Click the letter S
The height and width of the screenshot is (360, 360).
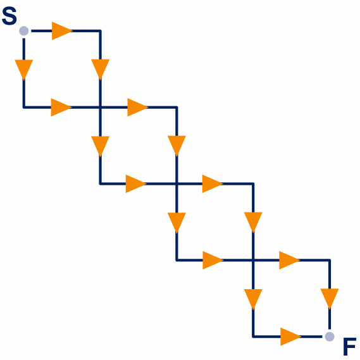[x=9, y=16]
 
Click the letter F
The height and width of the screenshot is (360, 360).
[x=350, y=346]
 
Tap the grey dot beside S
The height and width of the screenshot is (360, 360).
[x=24, y=31]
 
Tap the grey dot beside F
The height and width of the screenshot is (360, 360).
[x=330, y=337]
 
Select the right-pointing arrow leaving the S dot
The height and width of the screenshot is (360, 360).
[x=62, y=31]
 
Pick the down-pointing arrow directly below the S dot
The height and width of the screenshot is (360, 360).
[x=24, y=70]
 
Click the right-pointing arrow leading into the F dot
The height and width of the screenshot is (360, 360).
[x=290, y=337]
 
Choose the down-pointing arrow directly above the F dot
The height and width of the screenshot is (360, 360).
[x=330, y=299]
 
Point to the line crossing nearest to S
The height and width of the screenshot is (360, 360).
[x=101, y=107]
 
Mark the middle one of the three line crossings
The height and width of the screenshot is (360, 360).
[x=177, y=183]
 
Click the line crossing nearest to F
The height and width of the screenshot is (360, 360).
[x=253, y=260]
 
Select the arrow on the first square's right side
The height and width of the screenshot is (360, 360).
[x=101, y=70]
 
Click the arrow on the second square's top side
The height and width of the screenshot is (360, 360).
[x=138, y=107]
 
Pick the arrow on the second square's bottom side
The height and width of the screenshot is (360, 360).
[x=136, y=183]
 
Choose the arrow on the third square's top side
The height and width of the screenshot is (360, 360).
[x=213, y=183]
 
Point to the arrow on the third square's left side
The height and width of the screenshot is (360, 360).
[x=177, y=223]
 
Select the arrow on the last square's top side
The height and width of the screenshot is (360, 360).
[x=290, y=260]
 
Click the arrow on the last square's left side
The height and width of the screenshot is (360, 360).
[x=253, y=299]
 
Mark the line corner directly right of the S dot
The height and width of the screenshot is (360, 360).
[x=101, y=31]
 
